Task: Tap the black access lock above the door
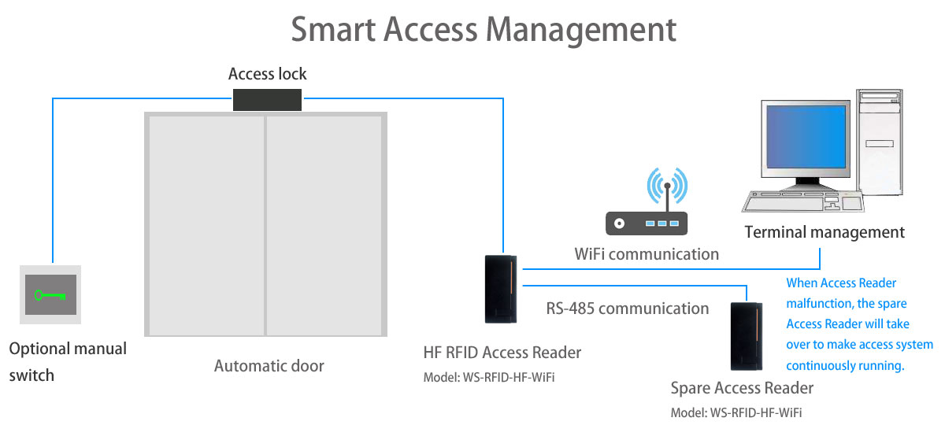[x=268, y=99]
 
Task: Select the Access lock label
[x=267, y=74]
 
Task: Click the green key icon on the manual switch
[x=50, y=296]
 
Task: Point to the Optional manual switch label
[x=68, y=361]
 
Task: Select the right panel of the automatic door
[x=324, y=224]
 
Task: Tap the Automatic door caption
[x=269, y=366]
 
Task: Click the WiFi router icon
[x=646, y=224]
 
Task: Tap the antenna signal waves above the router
[x=666, y=184]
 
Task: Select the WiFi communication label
[x=647, y=254]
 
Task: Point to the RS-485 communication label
[x=628, y=308]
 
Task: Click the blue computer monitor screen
[x=804, y=141]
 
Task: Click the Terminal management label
[x=825, y=232]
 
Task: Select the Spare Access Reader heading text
[x=742, y=388]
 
